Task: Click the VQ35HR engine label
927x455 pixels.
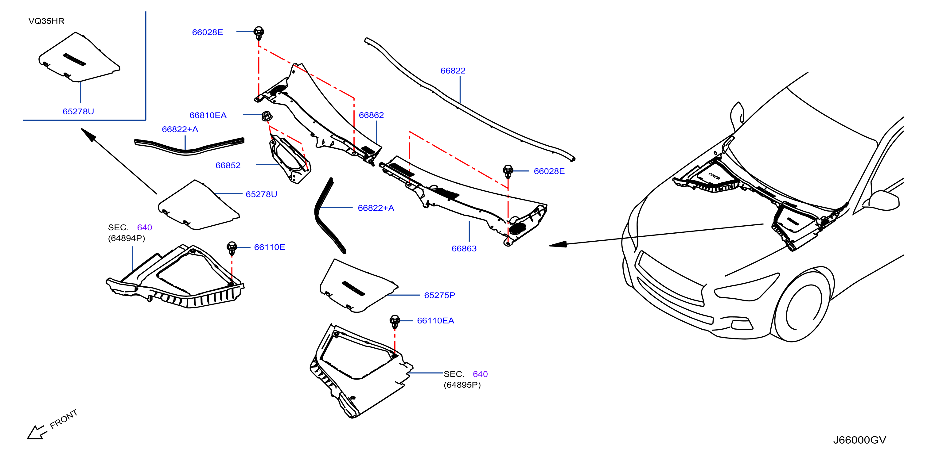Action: [46, 21]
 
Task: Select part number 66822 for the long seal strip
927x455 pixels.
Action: [453, 71]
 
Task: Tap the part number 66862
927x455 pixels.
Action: [371, 115]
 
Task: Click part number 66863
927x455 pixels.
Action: [464, 248]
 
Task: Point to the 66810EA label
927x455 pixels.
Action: [208, 115]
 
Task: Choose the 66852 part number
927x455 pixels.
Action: [228, 165]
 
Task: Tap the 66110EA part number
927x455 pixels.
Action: [435, 321]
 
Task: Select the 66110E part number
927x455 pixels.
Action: [269, 247]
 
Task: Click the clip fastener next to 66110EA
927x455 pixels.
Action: [395, 322]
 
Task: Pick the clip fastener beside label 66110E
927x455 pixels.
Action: [232, 248]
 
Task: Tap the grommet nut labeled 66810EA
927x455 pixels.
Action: [266, 116]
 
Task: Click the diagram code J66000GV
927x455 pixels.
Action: [859, 440]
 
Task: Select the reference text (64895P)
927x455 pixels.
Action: [462, 385]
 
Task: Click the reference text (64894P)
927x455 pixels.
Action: [126, 238]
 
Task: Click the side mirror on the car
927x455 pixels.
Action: [885, 201]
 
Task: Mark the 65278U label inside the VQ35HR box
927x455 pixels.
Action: [78, 111]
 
